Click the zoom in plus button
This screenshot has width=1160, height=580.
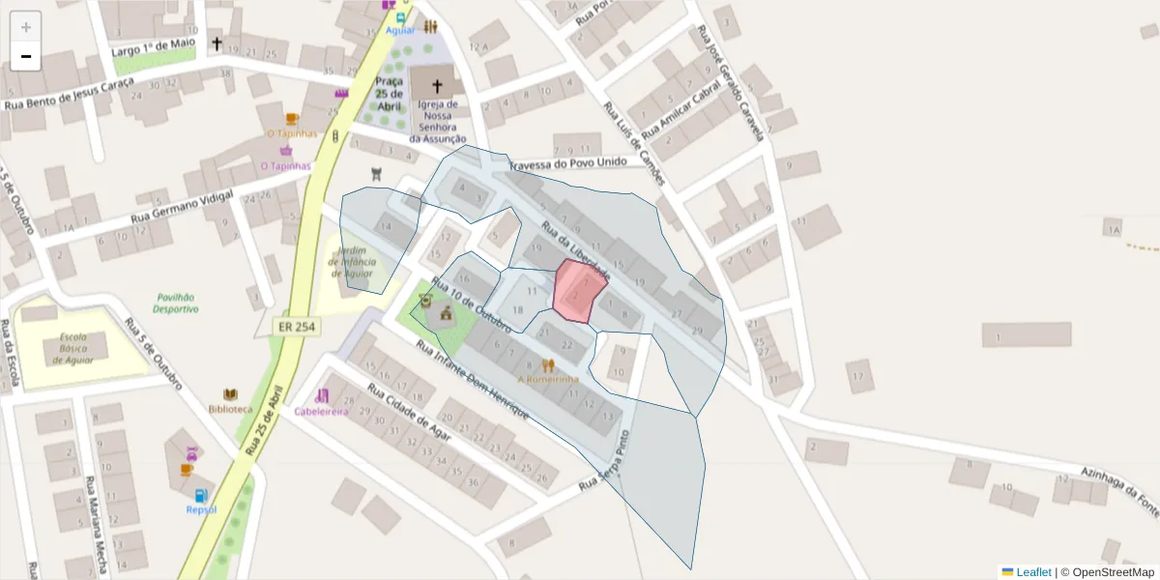tap(26, 27)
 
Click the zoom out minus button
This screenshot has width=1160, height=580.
tap(26, 56)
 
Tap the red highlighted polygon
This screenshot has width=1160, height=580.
tap(578, 290)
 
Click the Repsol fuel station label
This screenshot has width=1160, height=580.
tap(201, 508)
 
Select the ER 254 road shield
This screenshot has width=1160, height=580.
tap(296, 327)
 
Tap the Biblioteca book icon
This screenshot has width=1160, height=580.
tap(230, 394)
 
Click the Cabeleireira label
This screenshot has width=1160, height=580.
tap(321, 411)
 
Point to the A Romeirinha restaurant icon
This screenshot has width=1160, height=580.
tap(549, 365)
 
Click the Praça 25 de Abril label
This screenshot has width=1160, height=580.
tap(390, 94)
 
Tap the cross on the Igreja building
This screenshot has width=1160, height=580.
tap(437, 86)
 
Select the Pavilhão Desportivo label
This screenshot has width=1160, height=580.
tap(176, 304)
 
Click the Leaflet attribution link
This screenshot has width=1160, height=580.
tap(1032, 572)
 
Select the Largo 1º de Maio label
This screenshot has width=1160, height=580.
tap(154, 46)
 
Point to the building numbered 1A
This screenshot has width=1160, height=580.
tap(1114, 229)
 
